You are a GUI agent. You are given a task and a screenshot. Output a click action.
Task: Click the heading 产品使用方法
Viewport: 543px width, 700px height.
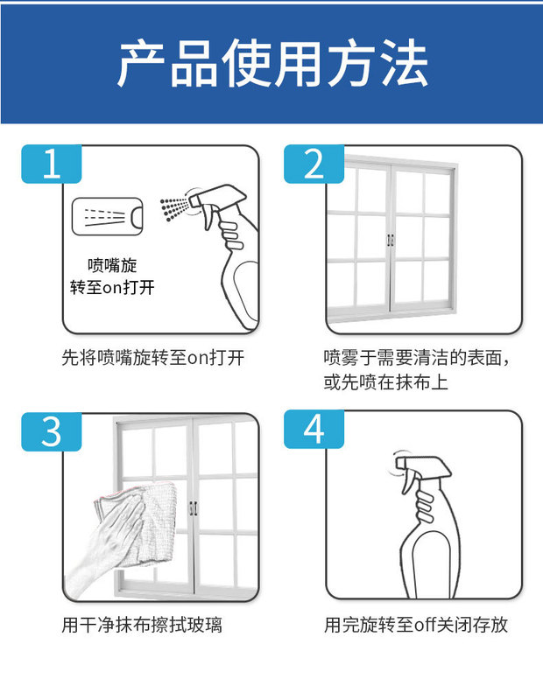pos(272,63)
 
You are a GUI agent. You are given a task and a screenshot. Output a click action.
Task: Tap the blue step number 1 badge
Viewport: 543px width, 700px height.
pos(52,164)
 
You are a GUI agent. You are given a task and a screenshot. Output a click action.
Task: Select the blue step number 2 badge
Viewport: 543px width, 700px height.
pos(314,164)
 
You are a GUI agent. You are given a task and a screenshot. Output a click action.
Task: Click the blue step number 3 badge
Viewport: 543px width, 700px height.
pos(52,431)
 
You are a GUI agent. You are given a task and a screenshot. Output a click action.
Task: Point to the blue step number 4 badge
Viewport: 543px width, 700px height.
pos(314,429)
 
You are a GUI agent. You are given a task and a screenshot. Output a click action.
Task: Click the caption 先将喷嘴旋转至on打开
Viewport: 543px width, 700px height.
pos(153,358)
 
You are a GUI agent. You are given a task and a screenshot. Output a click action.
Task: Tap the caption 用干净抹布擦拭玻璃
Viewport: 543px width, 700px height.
pos(142,625)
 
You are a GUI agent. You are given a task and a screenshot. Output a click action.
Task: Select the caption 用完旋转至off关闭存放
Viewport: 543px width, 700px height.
pos(416,625)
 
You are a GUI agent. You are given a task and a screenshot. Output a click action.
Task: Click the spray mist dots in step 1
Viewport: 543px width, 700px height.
pos(174,208)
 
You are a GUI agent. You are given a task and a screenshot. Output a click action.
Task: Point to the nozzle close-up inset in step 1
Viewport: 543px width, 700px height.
pos(107,216)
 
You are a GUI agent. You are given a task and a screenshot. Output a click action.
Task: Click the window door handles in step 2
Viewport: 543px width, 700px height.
pos(390,240)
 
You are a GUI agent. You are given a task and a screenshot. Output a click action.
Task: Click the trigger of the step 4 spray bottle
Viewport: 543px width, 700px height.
pos(407,482)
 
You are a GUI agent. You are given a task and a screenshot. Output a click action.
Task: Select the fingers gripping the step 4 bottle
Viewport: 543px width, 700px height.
pos(425,506)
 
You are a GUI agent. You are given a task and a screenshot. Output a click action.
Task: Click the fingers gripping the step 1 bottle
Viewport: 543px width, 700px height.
pos(231,234)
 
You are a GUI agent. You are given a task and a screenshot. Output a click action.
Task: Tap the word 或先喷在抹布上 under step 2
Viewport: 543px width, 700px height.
pos(385,382)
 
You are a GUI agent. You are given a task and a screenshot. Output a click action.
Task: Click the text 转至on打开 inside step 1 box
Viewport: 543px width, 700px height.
pos(112,287)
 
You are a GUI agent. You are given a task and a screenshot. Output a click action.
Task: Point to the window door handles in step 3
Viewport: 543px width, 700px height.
pos(193,508)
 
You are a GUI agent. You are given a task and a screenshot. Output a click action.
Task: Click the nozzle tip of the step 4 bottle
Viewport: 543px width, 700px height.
pos(400,463)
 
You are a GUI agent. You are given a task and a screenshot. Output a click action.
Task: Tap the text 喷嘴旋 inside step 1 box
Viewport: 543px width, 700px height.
pos(112,266)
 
